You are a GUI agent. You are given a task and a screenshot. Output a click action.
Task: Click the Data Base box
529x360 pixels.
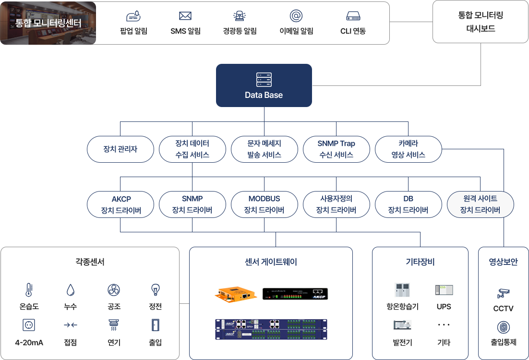tap(264, 85)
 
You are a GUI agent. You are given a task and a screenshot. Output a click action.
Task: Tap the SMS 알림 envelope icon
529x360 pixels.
tap(185, 16)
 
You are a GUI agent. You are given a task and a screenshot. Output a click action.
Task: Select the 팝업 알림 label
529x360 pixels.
tap(133, 31)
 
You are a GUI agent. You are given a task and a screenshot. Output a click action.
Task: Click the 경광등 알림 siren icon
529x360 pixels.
tap(239, 16)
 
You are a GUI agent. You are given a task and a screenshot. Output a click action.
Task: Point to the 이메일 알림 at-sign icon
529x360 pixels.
tap(296, 16)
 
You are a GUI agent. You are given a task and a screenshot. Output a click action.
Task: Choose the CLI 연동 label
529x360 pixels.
tap(353, 31)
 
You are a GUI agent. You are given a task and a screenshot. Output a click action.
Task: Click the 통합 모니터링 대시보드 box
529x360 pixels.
tap(481, 22)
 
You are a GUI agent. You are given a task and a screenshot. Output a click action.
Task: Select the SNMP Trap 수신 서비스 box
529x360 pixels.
tap(336, 149)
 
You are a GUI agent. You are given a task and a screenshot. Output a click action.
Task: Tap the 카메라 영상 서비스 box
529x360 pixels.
tap(408, 149)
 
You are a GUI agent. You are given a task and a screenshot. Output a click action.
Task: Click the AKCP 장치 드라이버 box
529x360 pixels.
tap(120, 204)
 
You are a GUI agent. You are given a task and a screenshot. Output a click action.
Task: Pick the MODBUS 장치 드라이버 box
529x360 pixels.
tap(264, 204)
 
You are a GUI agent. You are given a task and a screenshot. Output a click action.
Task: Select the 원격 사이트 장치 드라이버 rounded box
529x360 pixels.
tap(480, 204)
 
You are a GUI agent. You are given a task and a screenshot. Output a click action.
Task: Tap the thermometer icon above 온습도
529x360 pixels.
tap(29, 289)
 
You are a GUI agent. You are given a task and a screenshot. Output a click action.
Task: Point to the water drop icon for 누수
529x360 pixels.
tap(71, 289)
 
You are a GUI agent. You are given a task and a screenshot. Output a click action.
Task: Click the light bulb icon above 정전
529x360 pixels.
tap(155, 289)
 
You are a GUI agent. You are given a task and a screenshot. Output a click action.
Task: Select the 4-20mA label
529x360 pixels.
tap(29, 342)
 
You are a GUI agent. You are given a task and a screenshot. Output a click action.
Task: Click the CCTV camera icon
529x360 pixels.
tap(503, 292)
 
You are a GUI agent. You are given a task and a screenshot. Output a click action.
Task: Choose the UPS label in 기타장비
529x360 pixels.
tap(444, 307)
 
